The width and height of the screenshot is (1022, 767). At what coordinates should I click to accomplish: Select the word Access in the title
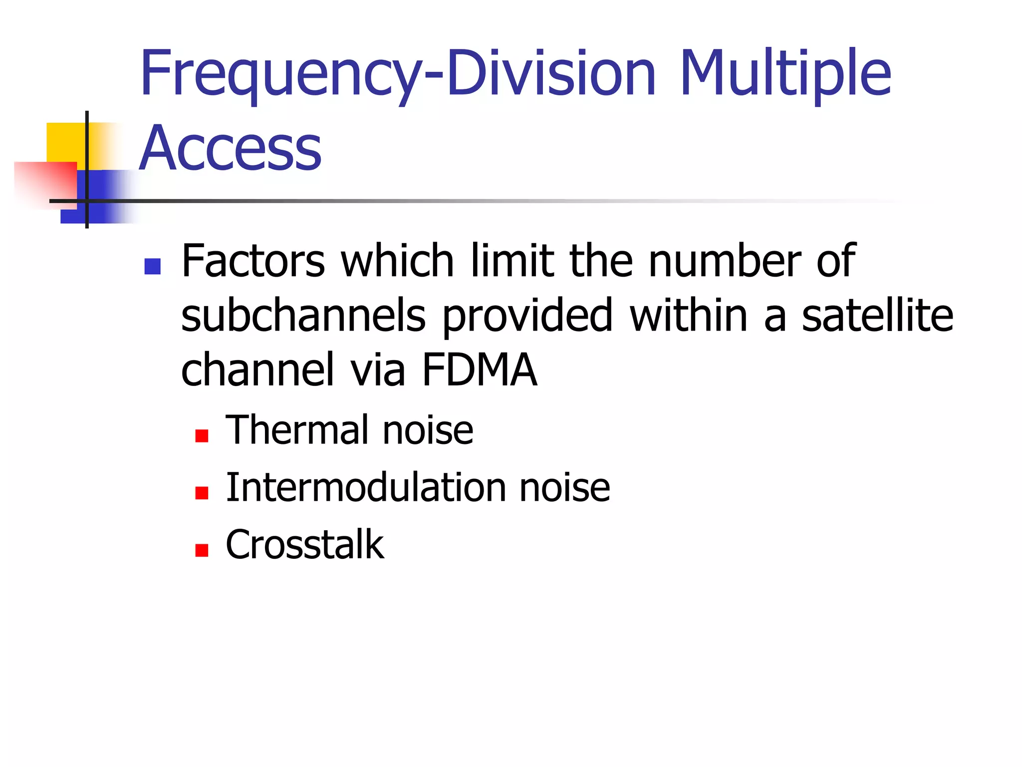click(x=231, y=148)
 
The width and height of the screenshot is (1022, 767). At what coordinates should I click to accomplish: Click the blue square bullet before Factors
click(x=152, y=266)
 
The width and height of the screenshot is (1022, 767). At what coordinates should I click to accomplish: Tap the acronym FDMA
click(x=479, y=370)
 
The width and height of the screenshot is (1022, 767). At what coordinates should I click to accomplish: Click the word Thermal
click(x=296, y=430)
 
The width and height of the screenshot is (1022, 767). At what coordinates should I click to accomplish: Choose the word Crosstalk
click(x=305, y=544)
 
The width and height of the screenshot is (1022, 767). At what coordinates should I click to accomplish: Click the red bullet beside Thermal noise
click(x=202, y=436)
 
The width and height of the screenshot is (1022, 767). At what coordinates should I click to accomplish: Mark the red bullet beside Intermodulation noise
click(x=202, y=493)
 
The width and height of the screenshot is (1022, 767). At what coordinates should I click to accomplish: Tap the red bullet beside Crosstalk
click(x=202, y=550)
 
